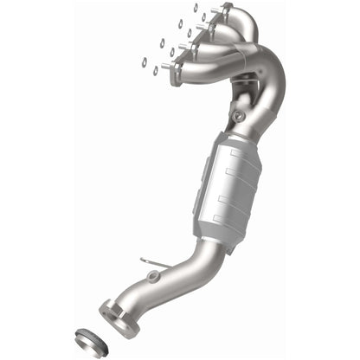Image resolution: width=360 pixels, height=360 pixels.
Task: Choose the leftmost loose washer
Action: click(144, 61)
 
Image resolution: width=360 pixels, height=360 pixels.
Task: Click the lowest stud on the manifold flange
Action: click(167, 66)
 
